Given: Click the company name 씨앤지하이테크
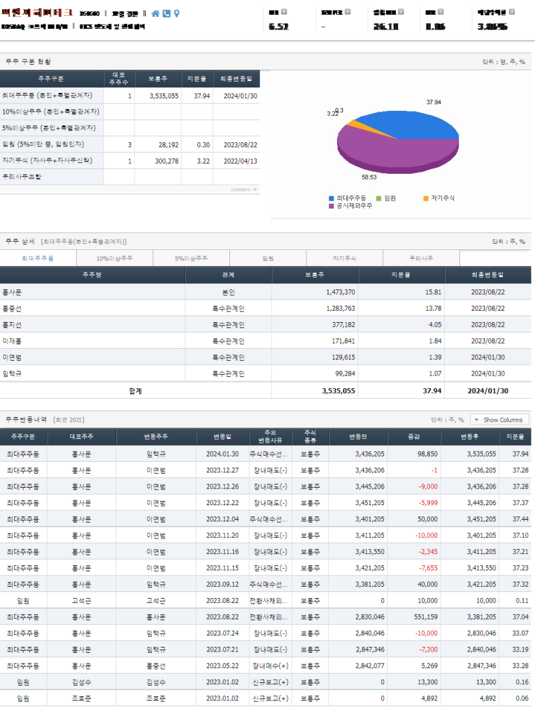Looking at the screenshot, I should [37, 13].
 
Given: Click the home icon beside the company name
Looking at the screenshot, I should [156, 13].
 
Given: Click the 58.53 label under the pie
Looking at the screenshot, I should [369, 178].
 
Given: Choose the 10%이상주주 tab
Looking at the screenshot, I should [114, 258].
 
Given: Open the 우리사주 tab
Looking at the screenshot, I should [421, 258].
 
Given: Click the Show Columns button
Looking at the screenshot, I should [500, 420].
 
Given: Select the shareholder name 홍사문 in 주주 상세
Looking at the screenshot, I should [12, 293].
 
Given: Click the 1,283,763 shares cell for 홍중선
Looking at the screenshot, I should [340, 309].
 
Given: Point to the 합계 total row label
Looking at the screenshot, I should [135, 390].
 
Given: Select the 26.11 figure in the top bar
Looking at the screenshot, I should [386, 27].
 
